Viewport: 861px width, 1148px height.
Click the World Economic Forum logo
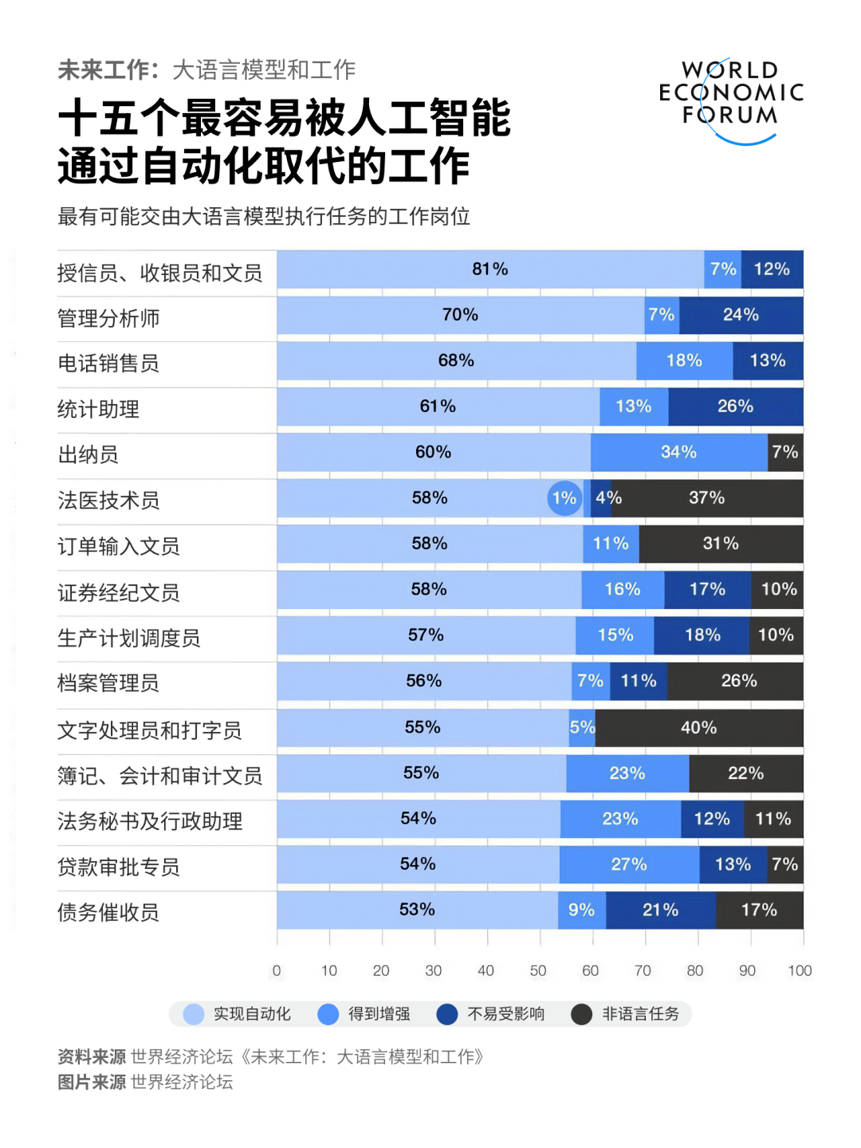coord(731,100)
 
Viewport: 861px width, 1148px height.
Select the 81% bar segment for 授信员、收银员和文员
coord(489,269)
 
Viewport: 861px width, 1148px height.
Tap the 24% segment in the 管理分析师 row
coord(741,315)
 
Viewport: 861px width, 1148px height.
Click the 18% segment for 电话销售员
coord(684,360)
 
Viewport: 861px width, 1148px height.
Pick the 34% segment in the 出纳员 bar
coord(678,452)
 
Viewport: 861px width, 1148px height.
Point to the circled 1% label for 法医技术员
coord(564,498)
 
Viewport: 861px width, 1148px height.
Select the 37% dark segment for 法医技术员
coord(706,498)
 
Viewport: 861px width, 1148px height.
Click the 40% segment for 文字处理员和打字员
coord(698,728)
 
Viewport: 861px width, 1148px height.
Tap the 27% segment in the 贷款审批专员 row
coord(629,865)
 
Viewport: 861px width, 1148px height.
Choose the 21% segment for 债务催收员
coord(660,910)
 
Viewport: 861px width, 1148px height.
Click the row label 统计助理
coord(99,410)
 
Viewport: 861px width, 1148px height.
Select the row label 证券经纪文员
coord(119,593)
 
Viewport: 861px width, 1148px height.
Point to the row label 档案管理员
coord(108,683)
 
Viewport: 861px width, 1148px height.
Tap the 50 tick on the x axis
coord(538,971)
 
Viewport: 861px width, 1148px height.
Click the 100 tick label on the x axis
coord(800,971)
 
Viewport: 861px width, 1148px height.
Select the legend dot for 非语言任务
coord(582,1014)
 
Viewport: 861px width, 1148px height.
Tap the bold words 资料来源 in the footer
coord(92,1057)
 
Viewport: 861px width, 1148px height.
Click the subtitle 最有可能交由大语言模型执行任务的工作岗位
coord(264,217)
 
